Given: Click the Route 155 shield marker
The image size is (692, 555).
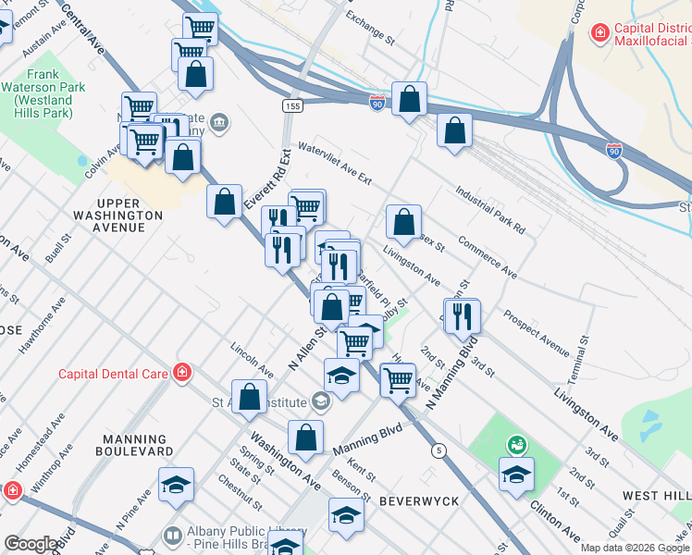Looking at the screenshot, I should click(292, 107).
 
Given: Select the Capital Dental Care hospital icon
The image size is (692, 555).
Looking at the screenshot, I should click(183, 373).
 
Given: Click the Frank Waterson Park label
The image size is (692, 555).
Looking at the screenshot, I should click(43, 93).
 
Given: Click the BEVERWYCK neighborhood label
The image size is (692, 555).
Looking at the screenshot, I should click(413, 499).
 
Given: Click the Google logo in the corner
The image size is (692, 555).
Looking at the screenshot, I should click(31, 544).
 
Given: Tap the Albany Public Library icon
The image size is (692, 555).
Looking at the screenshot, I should click(172, 536).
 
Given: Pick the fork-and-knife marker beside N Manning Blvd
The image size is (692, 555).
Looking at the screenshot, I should click(462, 316).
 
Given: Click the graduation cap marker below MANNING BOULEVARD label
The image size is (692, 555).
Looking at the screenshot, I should click(176, 486).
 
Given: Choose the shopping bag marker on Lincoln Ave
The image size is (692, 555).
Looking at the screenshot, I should click(249, 397).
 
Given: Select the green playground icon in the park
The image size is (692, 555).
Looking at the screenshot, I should click(516, 445).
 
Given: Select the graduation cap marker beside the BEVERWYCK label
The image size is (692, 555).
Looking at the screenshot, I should click(346, 515).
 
